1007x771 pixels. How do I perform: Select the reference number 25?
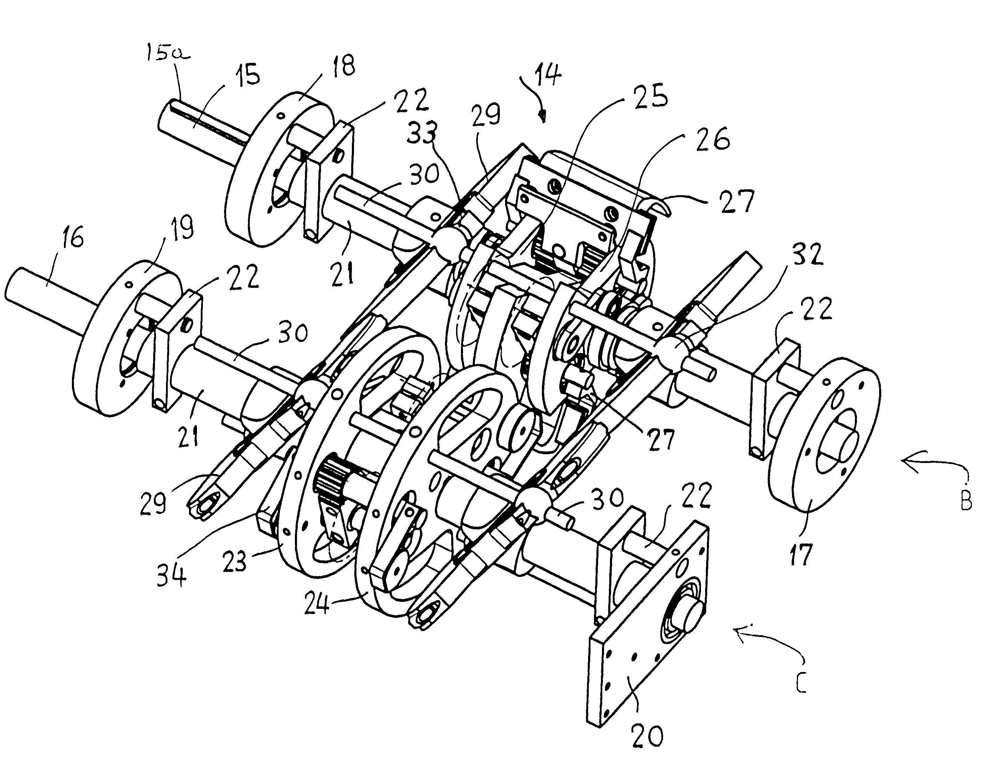click(x=650, y=97)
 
